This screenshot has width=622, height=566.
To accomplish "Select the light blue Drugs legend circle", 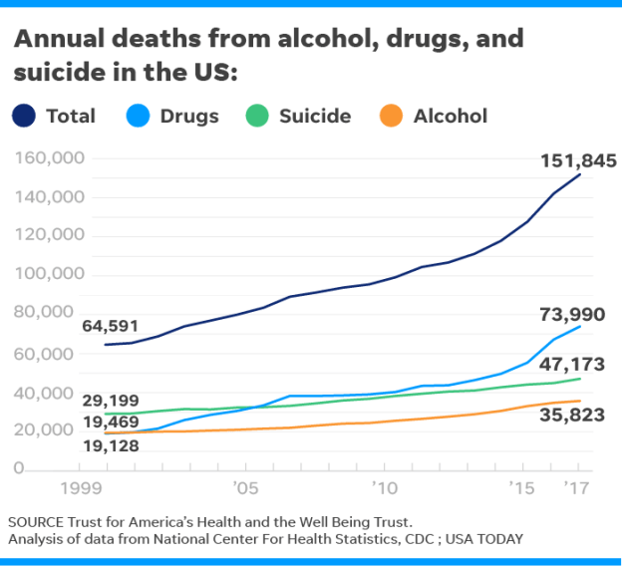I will [x=139, y=116].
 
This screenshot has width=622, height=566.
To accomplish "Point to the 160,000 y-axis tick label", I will [x=50, y=158].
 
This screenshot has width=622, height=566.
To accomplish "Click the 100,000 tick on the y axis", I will [x=50, y=275].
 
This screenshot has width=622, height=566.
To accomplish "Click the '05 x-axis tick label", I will [x=245, y=489].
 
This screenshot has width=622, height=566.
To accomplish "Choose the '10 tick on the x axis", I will [x=384, y=489].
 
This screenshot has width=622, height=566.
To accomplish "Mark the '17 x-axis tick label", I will [x=576, y=489].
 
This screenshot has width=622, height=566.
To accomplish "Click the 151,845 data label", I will [x=578, y=160].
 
